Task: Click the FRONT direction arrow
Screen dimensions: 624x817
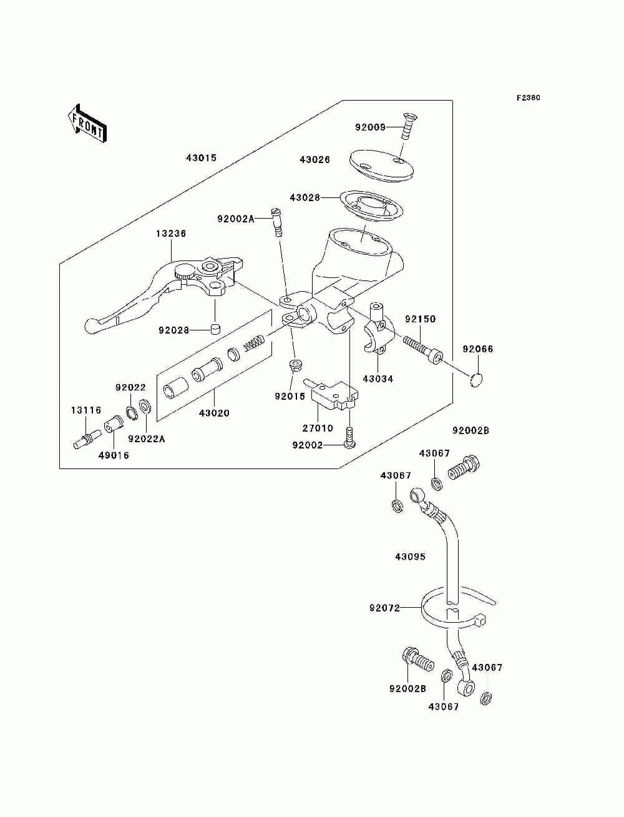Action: pyautogui.click(x=87, y=124)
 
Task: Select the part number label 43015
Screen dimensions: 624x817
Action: pyautogui.click(x=201, y=158)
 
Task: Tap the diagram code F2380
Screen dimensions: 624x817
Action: pyautogui.click(x=528, y=98)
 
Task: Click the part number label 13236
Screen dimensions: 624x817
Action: pyautogui.click(x=171, y=234)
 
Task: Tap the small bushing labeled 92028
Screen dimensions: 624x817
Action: pyautogui.click(x=215, y=329)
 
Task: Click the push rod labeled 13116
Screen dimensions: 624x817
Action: pyautogui.click(x=86, y=439)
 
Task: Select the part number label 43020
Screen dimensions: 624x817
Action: pyautogui.click(x=214, y=413)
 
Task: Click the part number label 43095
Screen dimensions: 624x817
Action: pyautogui.click(x=410, y=567)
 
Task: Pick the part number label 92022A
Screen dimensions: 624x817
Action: pyautogui.click(x=147, y=439)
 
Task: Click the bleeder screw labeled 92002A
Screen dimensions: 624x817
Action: pyautogui.click(x=276, y=222)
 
